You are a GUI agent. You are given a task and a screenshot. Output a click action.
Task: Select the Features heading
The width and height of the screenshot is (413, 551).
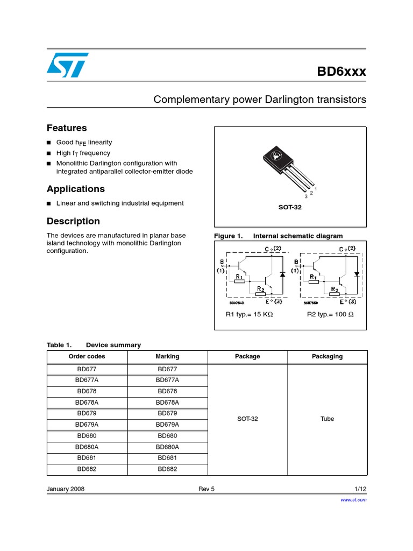coord(67,128)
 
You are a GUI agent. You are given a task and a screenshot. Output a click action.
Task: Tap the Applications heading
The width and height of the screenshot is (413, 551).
coord(76,189)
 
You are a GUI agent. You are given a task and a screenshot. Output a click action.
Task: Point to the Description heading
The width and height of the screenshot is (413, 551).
coord(73,221)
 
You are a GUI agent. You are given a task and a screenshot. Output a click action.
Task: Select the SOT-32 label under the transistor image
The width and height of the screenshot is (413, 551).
coord(290,207)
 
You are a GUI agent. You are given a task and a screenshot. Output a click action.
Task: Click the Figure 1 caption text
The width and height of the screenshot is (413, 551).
coord(278,236)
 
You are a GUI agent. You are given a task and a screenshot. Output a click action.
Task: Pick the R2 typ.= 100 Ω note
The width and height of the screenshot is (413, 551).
coord(330,314)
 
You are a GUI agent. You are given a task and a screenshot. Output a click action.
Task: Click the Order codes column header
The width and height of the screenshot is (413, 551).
coord(87,356)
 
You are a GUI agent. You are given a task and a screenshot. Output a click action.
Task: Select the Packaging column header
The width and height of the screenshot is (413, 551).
coord(327,356)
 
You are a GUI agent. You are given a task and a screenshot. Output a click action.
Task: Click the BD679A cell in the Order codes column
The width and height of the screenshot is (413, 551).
coord(87,425)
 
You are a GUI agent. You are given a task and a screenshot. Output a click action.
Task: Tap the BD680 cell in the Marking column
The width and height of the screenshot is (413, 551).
coord(167,435)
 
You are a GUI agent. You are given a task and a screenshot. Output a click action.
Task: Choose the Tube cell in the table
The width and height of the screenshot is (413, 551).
coord(327,419)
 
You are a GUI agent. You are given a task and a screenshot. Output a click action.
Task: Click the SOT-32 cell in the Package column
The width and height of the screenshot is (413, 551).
coord(247,419)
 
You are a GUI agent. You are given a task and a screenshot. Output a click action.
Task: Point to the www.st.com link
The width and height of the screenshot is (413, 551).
coord(354,500)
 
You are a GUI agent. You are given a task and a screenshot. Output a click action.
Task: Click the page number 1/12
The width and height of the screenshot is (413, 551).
coord(360,489)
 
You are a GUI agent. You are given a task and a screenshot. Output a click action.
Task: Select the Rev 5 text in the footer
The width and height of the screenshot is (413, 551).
coord(206,489)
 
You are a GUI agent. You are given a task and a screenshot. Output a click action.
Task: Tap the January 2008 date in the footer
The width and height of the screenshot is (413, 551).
coord(66,489)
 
